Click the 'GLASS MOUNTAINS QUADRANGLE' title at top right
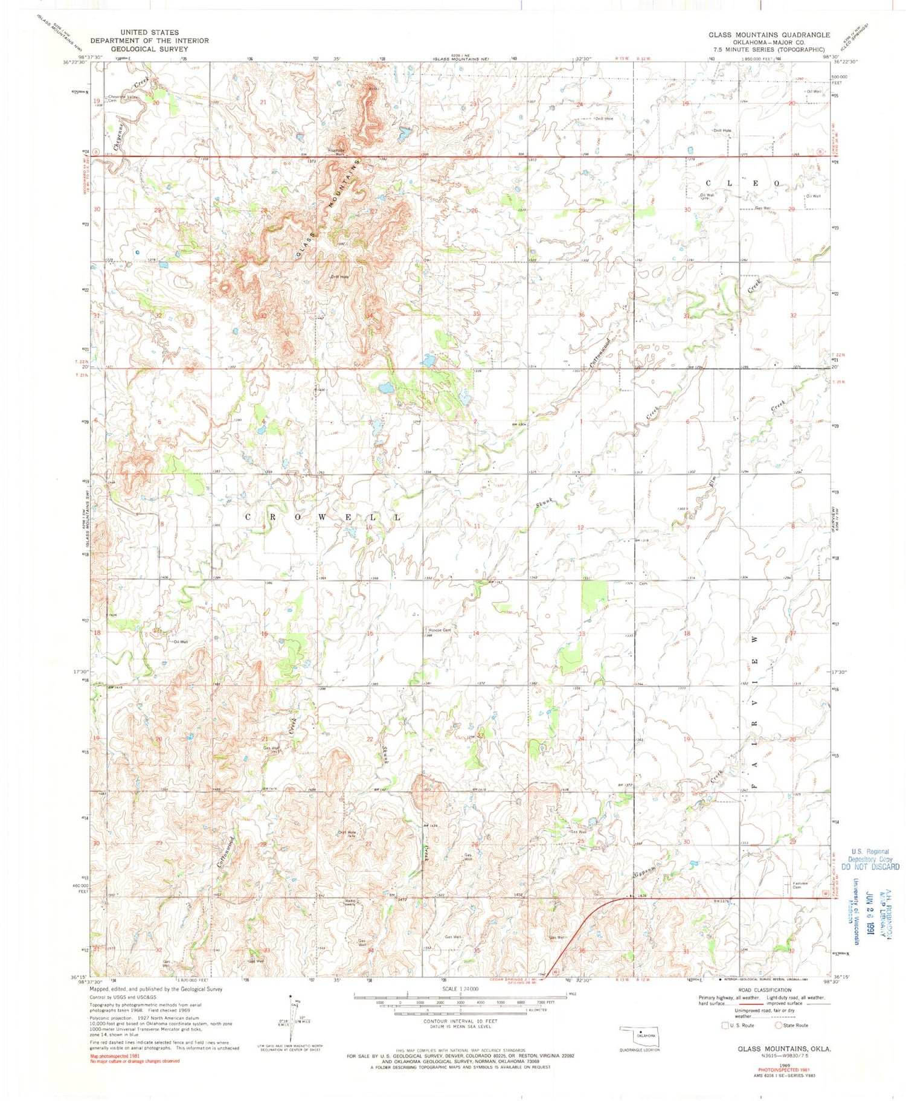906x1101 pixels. point(769,35)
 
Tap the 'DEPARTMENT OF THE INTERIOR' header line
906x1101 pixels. point(149,40)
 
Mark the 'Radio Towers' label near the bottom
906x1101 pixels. point(351,904)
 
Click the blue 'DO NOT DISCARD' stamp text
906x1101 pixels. point(870,866)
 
